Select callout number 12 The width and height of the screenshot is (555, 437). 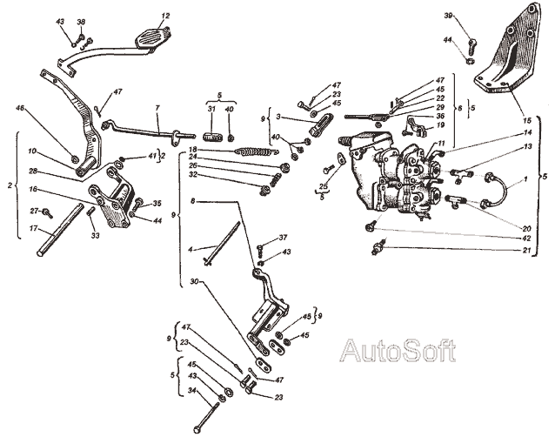click(166, 16)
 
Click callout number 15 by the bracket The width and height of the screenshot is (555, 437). click(526, 118)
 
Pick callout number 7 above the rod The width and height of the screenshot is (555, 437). click(157, 110)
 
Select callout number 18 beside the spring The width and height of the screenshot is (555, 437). click(193, 150)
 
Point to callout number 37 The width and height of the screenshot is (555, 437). click(283, 238)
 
